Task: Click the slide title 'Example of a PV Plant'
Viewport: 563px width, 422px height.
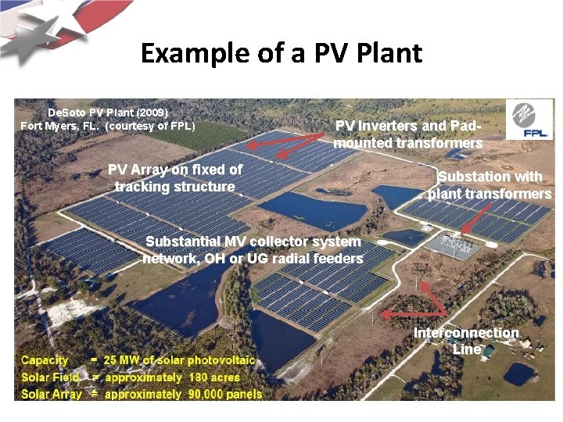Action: point(281,53)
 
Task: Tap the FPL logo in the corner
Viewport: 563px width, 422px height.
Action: point(529,122)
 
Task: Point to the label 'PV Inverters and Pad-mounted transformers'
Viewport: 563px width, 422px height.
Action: point(407,134)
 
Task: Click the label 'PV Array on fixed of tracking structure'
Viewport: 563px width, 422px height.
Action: point(174,178)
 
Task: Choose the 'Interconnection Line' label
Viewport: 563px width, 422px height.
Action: point(466,341)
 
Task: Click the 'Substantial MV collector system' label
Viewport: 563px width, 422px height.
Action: point(253,242)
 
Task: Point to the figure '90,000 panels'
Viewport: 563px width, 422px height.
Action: point(225,395)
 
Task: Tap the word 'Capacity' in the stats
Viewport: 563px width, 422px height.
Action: point(45,360)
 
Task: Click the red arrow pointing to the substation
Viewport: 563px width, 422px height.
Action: point(475,217)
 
